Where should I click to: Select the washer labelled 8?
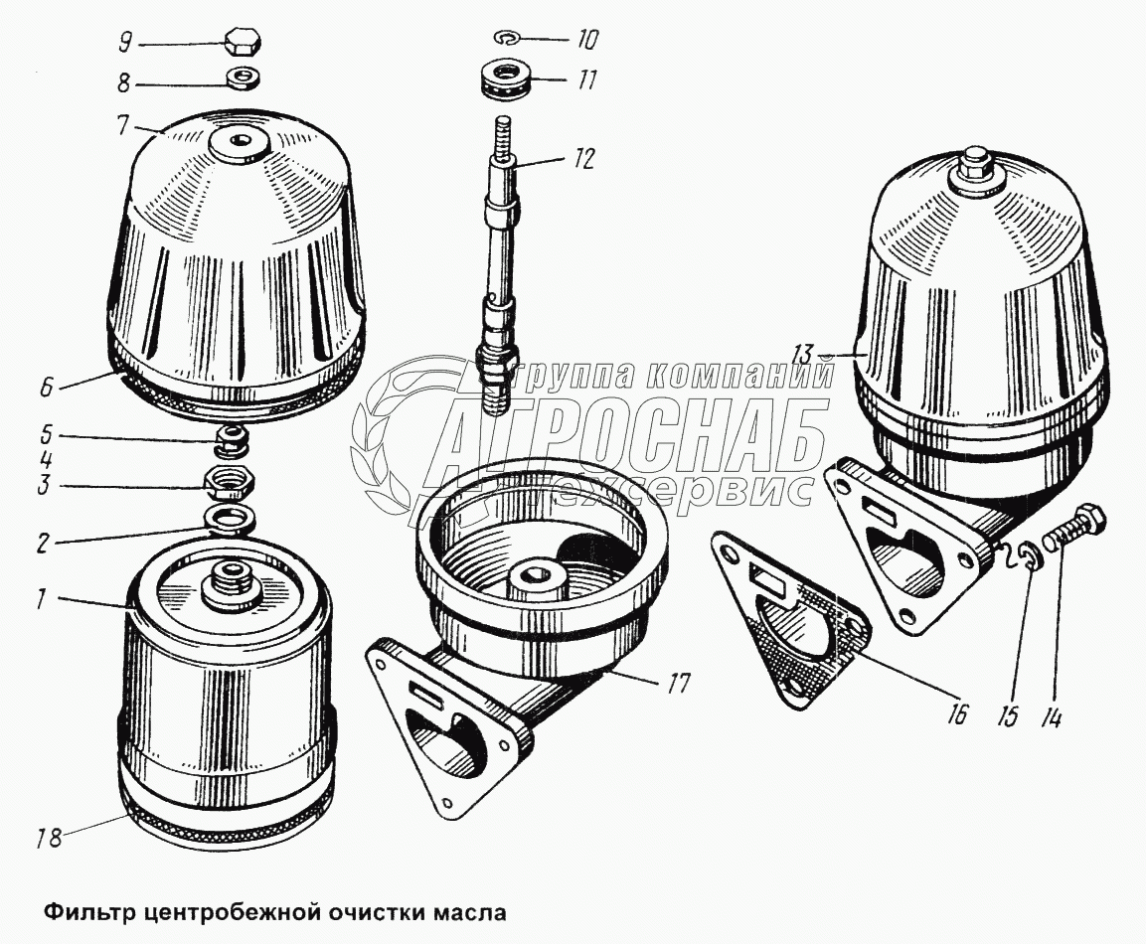coord(242,78)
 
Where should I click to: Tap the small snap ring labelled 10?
coord(506,37)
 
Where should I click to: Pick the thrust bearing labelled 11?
coord(507,79)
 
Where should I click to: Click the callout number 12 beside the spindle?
coord(581,159)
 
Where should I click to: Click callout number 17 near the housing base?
coord(678,686)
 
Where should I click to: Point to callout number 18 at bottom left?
coord(49,838)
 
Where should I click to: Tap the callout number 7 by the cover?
coord(121,125)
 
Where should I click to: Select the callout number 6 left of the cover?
coord(46,387)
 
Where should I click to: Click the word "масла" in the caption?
coord(471,912)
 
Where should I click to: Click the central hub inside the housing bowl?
coord(539,577)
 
